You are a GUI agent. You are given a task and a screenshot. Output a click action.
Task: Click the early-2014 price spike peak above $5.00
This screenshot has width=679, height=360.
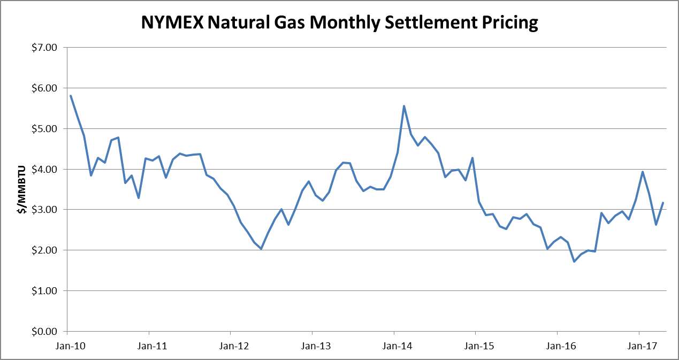coord(404,106)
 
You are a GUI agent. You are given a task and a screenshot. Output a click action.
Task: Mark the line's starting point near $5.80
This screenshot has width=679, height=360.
coord(71,96)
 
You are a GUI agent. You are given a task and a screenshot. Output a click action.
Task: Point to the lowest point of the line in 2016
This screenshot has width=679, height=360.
coord(574,262)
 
